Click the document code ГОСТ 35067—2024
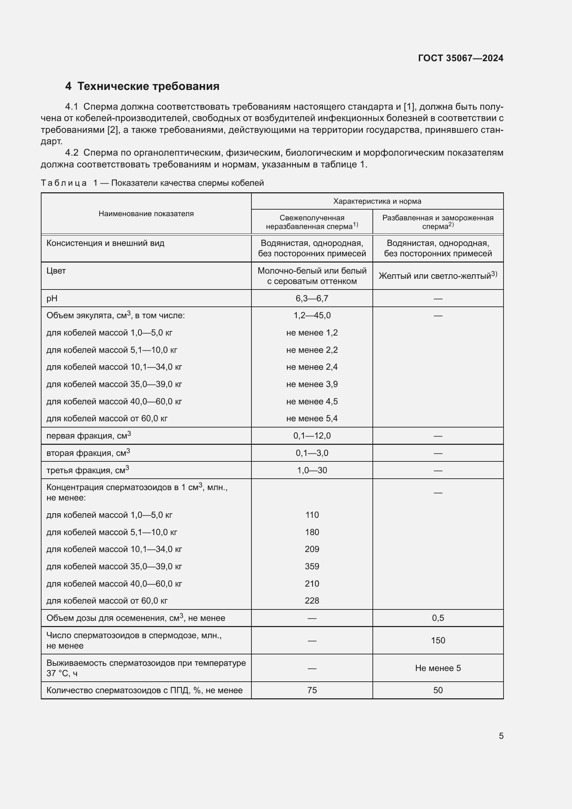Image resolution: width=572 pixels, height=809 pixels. pos(460,58)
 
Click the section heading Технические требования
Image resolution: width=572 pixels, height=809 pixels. pos(148,86)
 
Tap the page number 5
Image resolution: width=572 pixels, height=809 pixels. pos(501,736)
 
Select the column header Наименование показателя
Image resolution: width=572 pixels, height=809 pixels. pos(146,213)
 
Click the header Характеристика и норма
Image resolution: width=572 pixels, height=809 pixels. pos(377,201)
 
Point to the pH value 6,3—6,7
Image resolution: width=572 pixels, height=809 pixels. pos(312,298)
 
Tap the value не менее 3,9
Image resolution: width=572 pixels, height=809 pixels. pos(312,384)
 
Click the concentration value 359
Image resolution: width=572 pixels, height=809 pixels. pos(312,566)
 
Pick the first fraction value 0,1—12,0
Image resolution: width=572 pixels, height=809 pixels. pos(312,436)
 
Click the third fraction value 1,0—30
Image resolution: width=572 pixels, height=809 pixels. pos(312,470)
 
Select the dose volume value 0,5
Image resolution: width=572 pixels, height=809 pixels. pos(438,618)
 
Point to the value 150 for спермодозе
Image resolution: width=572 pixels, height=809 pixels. pos(438,640)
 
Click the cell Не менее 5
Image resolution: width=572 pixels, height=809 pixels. pos(438,668)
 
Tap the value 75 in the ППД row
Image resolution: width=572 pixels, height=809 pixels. pos(312,690)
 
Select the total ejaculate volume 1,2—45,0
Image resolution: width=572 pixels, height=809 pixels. pos(312,315)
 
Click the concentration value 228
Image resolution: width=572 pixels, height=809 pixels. pos(312,600)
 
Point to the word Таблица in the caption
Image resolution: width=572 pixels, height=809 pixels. pos(64,183)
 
